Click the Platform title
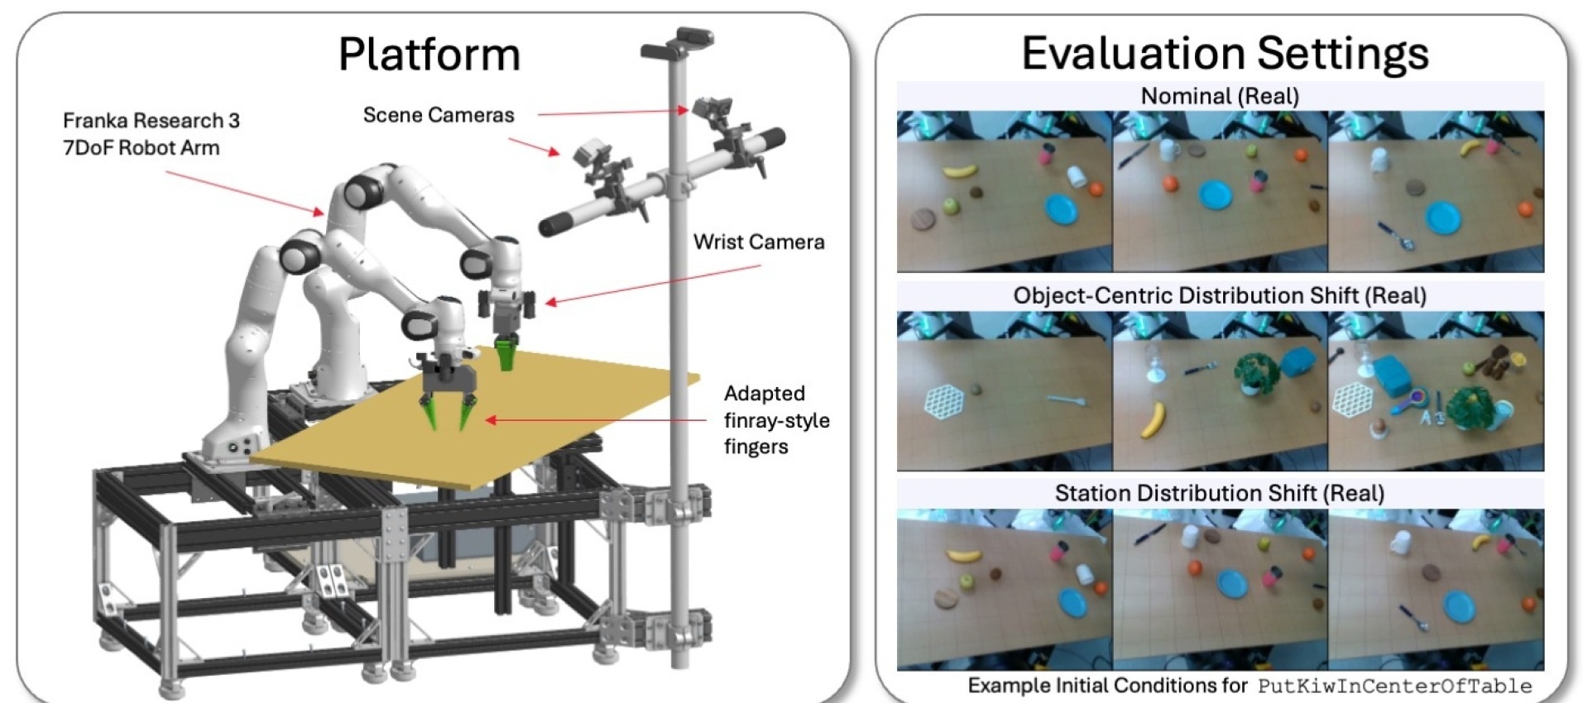[429, 55]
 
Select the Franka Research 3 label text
[151, 121]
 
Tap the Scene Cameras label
[439, 115]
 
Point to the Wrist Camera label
[759, 242]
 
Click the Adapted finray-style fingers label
[775, 420]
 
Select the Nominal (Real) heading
[1220, 96]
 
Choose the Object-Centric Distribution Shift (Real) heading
[1220, 295]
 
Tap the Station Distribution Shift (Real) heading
[1220, 493]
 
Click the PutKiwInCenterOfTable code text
[1394, 686]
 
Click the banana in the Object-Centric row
[1151, 419]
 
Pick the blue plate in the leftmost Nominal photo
[1062, 208]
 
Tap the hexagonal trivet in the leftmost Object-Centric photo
[945, 400]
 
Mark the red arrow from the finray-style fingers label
[596, 420]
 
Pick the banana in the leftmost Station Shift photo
[962, 555]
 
